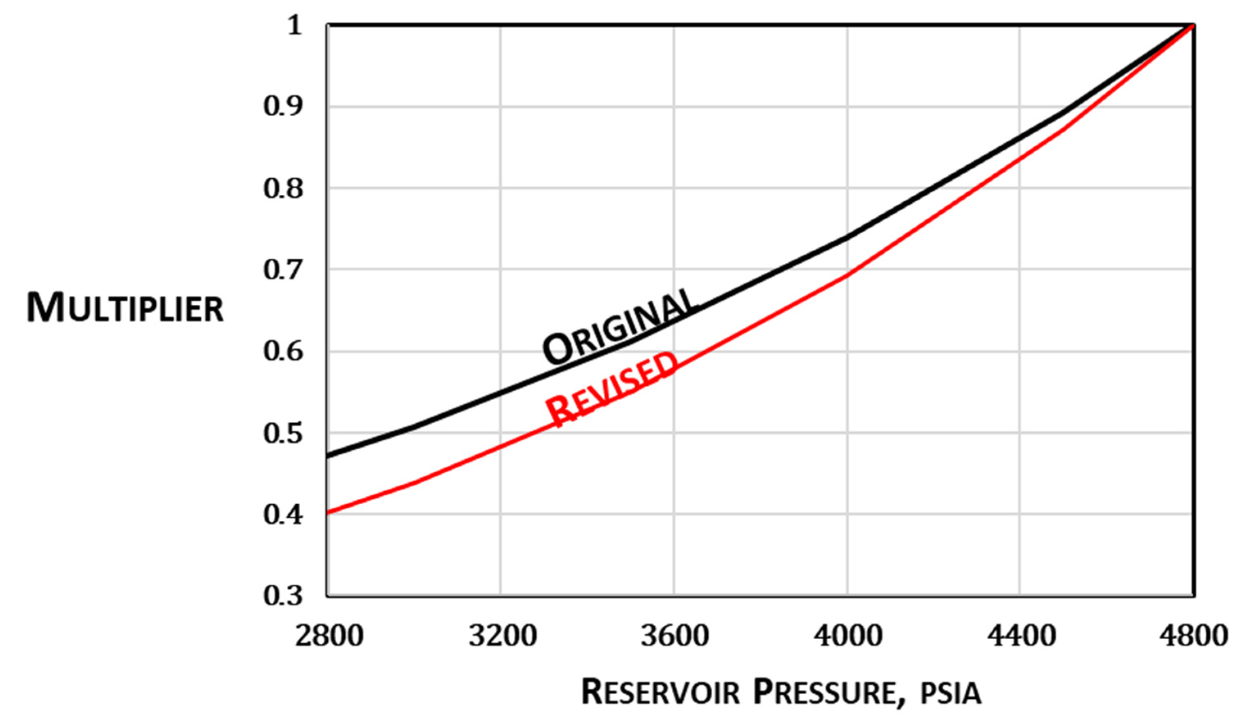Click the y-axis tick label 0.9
(283, 107)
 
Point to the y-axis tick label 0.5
(283, 433)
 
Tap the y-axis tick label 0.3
(283, 595)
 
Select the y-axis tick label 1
(294, 25)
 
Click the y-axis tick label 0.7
(283, 270)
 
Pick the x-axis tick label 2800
(329, 636)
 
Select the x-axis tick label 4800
(1193, 636)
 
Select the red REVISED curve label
(612, 389)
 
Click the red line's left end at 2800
(328, 513)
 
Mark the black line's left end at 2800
(328, 456)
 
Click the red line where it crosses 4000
(847, 275)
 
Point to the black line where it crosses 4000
(847, 237)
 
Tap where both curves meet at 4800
(1193, 25)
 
